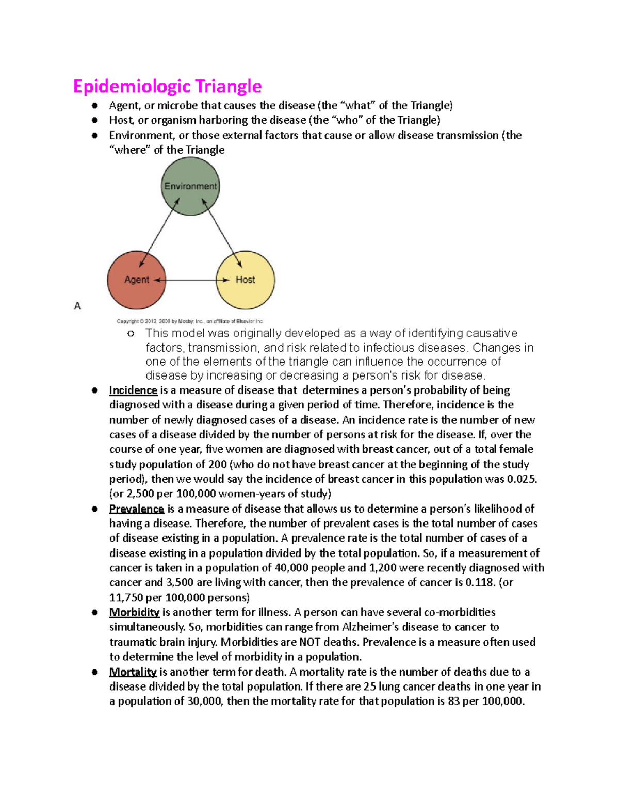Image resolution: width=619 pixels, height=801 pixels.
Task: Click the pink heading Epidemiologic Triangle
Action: pyautogui.click(x=167, y=86)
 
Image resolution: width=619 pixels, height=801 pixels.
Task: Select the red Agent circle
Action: pyautogui.click(x=136, y=280)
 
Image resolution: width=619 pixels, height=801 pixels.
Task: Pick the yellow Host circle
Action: pyautogui.click(x=246, y=280)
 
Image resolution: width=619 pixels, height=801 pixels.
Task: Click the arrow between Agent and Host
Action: pyautogui.click(x=191, y=280)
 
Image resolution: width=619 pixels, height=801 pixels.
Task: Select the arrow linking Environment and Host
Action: pyautogui.click(x=222, y=233)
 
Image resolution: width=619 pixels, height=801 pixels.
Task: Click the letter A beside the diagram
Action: pyautogui.click(x=77, y=306)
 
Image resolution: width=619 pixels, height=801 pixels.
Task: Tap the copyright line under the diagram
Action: pyautogui.click(x=190, y=321)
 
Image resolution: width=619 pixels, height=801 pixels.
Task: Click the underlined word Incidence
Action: pyautogui.click(x=133, y=390)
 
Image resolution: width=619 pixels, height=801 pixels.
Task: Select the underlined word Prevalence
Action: pyautogui.click(x=136, y=509)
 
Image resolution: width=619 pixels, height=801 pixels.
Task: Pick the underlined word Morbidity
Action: pyautogui.click(x=134, y=612)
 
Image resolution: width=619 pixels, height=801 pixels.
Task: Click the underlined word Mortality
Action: pyautogui.click(x=133, y=672)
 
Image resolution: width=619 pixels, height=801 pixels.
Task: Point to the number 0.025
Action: pyautogui.click(x=522, y=479)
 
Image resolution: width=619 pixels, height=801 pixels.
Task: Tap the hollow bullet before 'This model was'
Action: pyautogui.click(x=131, y=334)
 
